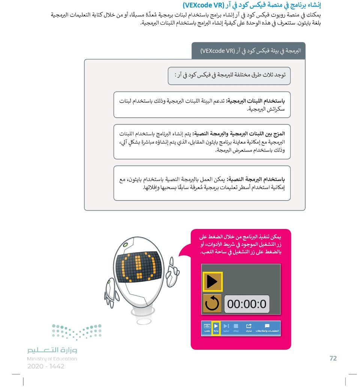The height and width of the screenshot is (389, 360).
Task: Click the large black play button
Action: pos(212,282)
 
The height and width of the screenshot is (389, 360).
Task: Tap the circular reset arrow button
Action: pos(212,304)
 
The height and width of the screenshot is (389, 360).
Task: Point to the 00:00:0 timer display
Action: pos(247,304)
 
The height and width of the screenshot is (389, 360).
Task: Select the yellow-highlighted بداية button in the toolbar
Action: pos(216,328)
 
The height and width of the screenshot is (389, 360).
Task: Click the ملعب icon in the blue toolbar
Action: pos(207,328)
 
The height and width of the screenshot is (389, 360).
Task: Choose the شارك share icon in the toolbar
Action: pos(249,328)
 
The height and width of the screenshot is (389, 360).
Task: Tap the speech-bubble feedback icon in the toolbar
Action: pos(267,328)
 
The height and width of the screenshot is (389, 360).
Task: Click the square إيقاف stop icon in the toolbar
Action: pos(236,328)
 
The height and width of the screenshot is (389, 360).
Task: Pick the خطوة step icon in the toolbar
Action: pos(226,328)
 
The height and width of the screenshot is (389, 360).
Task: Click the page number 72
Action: pos(333,358)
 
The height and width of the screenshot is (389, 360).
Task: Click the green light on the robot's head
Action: pos(127,244)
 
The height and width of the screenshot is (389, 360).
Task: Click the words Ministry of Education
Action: pos(52,359)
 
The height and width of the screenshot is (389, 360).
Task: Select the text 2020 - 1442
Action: pos(46,367)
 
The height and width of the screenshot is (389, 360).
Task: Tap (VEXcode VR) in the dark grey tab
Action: pos(217,51)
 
